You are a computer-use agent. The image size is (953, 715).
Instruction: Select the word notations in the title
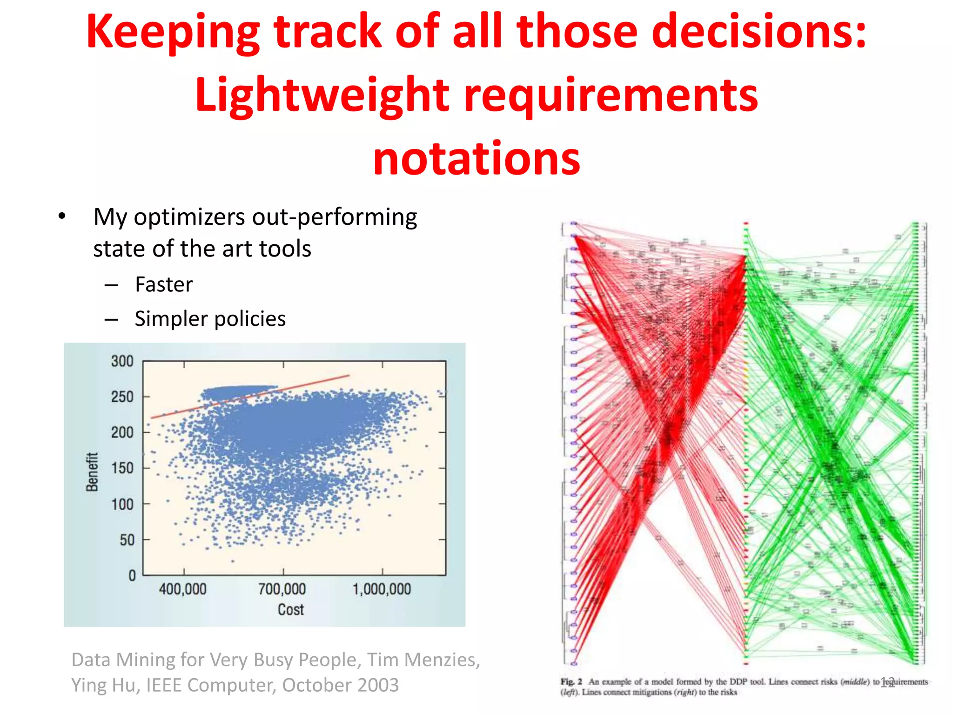[476, 159]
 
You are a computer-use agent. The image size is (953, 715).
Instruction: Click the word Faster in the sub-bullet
[164, 284]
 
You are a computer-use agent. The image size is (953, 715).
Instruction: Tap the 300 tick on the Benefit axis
[122, 361]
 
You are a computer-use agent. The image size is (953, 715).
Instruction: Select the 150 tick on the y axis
[122, 468]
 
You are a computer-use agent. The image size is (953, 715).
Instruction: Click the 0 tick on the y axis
[132, 576]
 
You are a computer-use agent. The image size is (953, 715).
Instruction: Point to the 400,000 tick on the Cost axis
[183, 589]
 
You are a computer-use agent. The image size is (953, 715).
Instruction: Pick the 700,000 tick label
[282, 589]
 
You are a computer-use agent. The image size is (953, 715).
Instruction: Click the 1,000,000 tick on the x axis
[382, 589]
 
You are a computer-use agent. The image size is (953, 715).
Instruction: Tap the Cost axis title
[290, 610]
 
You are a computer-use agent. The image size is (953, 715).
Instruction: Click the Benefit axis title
[92, 472]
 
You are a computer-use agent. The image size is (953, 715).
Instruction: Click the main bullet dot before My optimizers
[62, 217]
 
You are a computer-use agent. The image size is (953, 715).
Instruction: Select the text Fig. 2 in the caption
[571, 681]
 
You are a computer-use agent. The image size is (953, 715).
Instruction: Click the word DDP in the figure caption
[738, 681]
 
